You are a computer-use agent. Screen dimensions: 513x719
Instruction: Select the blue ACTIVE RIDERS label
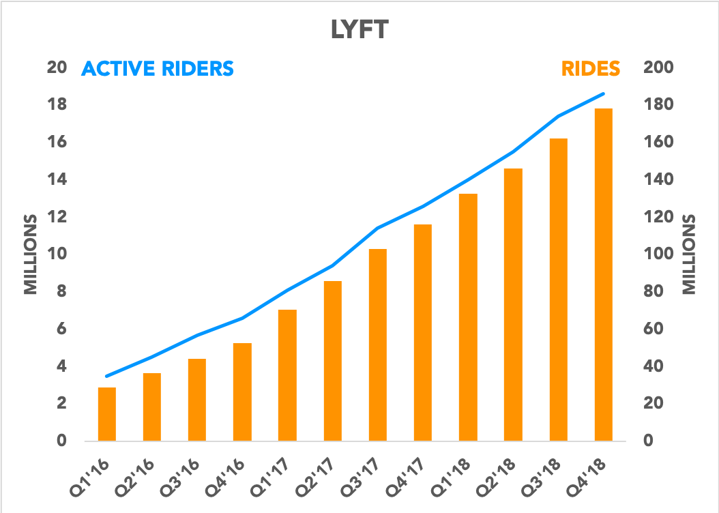[158, 69]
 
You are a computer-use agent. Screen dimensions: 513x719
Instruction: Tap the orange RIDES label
[591, 69]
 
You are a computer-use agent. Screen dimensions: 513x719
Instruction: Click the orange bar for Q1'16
[107, 414]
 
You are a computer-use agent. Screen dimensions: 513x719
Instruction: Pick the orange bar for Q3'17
[378, 345]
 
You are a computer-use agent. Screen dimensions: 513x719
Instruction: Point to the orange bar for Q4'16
[242, 392]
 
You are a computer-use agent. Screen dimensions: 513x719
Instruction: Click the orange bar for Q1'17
[287, 375]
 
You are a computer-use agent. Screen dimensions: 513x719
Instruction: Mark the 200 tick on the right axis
[658, 68]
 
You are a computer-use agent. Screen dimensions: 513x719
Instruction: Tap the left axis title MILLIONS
[31, 254]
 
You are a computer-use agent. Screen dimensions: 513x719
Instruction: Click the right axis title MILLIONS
[690, 254]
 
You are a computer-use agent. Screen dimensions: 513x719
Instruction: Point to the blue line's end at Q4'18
[603, 94]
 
